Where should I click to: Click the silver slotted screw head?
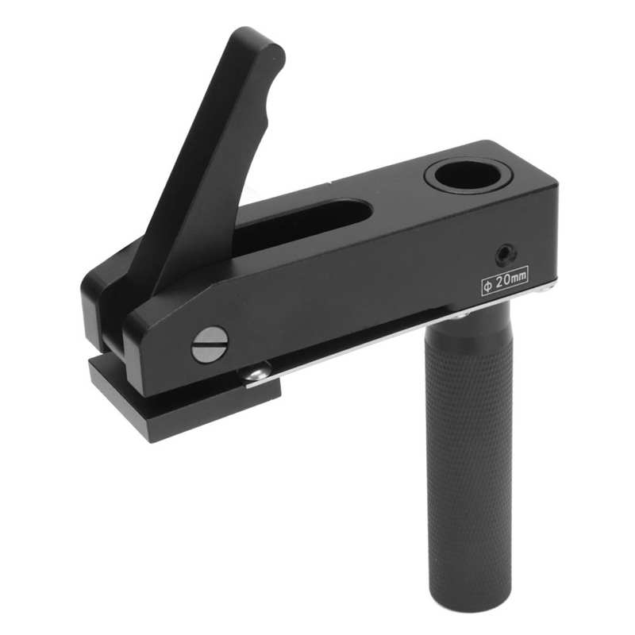tap(210, 344)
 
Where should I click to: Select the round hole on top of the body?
tap(466, 175)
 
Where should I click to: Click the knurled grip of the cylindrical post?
tap(468, 444)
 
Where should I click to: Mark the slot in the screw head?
tap(210, 344)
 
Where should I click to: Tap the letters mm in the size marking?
tap(518, 278)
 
